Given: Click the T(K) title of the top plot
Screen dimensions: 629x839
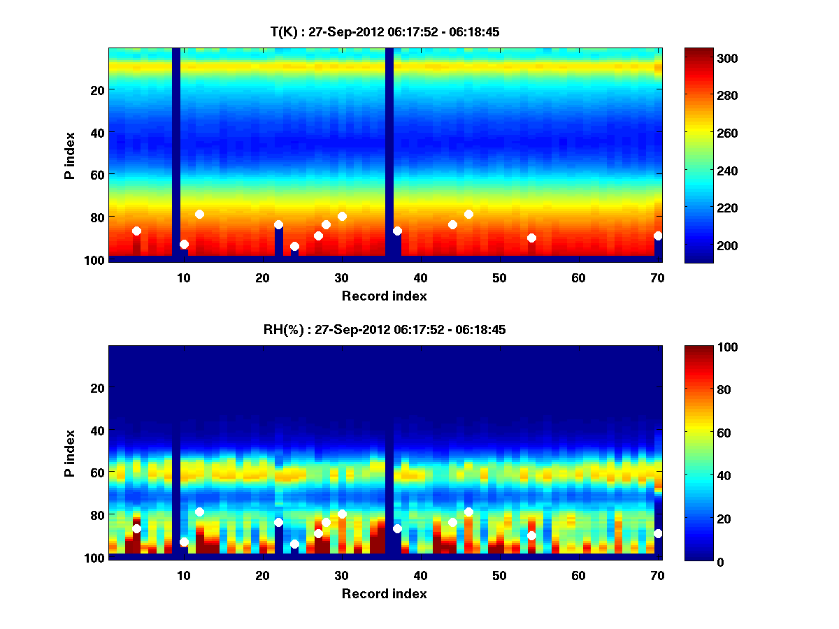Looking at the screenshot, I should pos(385,32).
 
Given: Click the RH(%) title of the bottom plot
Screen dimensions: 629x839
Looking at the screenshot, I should pos(385,330).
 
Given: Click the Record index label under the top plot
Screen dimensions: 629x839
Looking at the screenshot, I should pos(385,296).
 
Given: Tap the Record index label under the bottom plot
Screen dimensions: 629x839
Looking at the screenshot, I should pos(385,593).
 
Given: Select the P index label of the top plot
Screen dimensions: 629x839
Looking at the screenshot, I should pos(70,153).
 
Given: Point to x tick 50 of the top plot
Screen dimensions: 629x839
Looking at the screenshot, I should pos(499,277).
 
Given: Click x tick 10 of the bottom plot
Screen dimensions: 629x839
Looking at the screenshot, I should pos(183,575).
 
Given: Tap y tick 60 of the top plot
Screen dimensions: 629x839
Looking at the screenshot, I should pos(96,174).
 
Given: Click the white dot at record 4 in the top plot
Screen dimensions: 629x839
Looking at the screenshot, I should pos(136,231).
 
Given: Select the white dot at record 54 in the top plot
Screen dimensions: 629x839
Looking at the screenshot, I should pos(531,238).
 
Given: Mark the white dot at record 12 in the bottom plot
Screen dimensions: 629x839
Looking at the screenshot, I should pos(199,512).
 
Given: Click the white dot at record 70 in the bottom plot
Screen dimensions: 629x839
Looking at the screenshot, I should pos(658,533).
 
